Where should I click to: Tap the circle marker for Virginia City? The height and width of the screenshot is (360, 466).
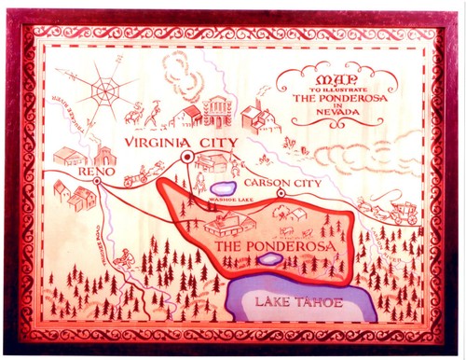point(186,158)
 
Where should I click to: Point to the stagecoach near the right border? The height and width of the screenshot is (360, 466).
point(402,211)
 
